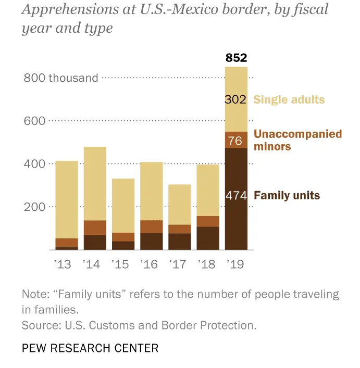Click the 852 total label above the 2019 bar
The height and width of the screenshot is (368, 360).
tap(236, 58)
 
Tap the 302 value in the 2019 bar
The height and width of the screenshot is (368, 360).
tap(235, 99)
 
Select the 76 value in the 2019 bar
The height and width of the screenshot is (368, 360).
tap(235, 140)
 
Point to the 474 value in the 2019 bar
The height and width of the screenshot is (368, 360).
tap(235, 196)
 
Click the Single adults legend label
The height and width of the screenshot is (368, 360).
tap(289, 99)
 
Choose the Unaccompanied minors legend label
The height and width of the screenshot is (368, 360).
tap(297, 140)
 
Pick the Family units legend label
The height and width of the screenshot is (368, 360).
tap(287, 196)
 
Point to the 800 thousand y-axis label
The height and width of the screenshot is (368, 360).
tap(61, 78)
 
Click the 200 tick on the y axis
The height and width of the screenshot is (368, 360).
tap(35, 207)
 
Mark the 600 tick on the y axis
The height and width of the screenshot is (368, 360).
tap(35, 121)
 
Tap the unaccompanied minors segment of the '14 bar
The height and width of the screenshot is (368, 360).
tap(95, 227)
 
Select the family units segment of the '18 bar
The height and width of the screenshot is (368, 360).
tap(208, 238)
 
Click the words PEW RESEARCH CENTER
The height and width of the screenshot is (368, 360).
tap(90, 348)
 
